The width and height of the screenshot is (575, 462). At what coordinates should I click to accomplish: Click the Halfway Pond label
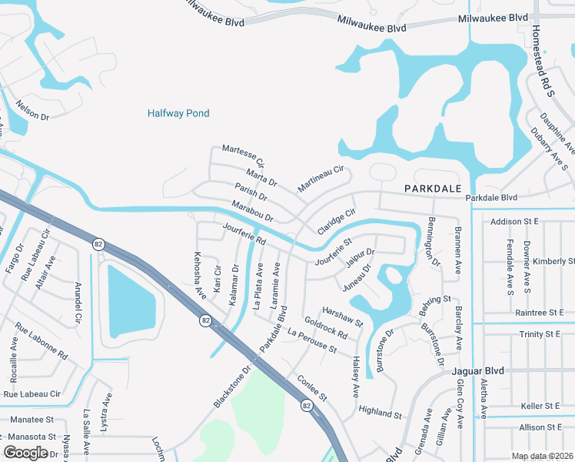tap(178, 114)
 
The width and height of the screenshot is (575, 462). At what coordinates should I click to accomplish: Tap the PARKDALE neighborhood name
tap(433, 189)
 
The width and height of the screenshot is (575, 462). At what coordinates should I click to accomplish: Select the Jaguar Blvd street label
tap(475, 370)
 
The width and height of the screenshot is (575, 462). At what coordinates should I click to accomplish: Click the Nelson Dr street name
tap(32, 112)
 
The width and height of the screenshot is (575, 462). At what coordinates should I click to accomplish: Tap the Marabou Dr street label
tap(252, 212)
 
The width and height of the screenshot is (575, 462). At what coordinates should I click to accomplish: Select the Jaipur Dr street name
tap(360, 257)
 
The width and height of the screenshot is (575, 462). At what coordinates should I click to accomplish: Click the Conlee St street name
tap(313, 389)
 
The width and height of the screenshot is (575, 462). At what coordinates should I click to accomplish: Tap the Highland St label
tap(380, 411)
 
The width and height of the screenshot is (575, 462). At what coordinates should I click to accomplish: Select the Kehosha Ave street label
tap(200, 275)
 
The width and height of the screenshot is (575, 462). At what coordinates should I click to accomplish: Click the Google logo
tap(25, 453)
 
